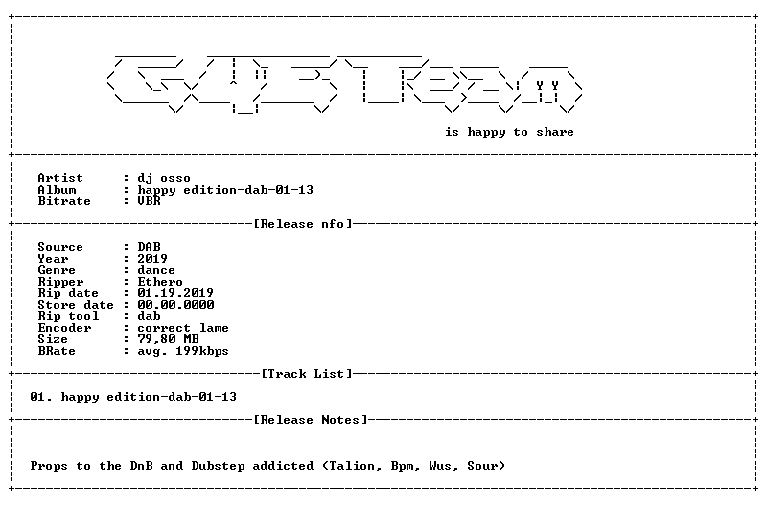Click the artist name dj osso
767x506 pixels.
164,178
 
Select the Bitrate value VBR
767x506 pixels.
149,201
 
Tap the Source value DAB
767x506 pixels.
149,247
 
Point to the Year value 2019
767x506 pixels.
152,259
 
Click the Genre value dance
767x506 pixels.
156,270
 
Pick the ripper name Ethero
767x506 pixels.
160,282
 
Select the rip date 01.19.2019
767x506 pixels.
175,293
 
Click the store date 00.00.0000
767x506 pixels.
175,305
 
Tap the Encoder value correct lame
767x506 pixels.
183,328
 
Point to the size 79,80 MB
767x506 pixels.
168,339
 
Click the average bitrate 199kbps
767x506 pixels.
202,351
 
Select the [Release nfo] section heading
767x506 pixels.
303,224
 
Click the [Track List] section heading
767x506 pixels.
307,374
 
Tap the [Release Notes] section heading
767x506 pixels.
311,420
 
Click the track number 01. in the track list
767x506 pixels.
41,397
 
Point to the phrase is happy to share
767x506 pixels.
509,132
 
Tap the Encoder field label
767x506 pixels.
64,328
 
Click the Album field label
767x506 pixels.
57,190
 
